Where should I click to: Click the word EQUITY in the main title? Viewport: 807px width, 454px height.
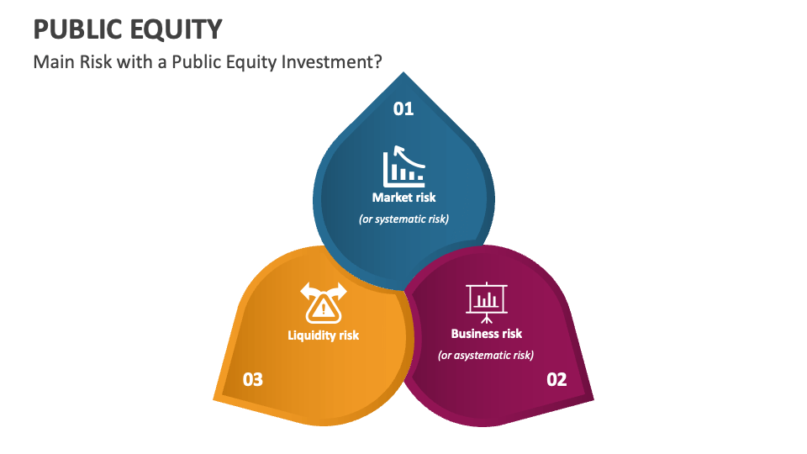coord(177,29)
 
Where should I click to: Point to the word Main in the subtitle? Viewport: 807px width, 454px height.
coord(52,63)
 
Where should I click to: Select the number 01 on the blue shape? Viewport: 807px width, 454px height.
coord(404,108)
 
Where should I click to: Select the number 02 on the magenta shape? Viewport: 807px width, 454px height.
coord(556,379)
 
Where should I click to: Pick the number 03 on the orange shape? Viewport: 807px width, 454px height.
coord(253,379)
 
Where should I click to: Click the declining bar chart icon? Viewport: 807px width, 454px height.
coord(404,168)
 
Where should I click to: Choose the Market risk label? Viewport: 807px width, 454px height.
coord(404,198)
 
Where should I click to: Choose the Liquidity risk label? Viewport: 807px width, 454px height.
coord(324,335)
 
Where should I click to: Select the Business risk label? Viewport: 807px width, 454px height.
coord(487,334)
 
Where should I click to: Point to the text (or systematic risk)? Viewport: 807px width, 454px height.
coord(404,219)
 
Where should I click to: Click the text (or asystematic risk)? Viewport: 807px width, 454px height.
coord(486,355)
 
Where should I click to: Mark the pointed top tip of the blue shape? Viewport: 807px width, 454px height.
coord(404,74)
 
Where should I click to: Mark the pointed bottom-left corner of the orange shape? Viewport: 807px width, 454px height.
coord(216,396)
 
